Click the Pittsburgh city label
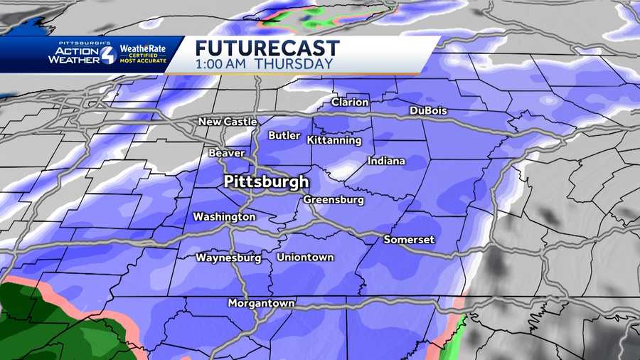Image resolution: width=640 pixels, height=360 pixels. click(266, 181)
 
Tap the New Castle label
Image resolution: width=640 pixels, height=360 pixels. click(228, 122)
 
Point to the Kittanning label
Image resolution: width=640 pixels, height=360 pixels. click(334, 140)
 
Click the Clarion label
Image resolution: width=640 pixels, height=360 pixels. click(350, 102)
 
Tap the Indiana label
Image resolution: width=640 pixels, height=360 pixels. click(386, 161)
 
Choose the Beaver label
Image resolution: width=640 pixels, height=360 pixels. click(227, 153)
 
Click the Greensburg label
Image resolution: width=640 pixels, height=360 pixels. click(334, 200)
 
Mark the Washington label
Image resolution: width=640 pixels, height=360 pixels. click(224, 216)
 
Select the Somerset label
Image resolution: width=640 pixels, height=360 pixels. click(409, 240)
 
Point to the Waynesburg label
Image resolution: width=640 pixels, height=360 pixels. click(229, 257)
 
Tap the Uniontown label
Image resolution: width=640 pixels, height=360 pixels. click(305, 257)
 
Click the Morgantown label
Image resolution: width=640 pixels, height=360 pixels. click(261, 303)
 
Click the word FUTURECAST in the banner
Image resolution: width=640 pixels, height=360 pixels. click(267, 49)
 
